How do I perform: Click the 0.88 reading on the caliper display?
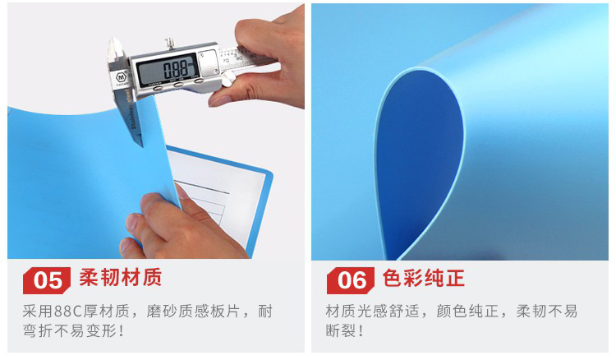176,70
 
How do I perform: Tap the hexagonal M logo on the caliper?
121,76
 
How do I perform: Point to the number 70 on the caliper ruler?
226,61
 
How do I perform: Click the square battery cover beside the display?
209,62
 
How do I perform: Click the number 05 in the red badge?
48,280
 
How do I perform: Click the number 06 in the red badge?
352,280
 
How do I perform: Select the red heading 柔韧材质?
121,278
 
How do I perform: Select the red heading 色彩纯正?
424,278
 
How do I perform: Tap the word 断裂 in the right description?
340,330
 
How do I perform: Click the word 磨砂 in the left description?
162,312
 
